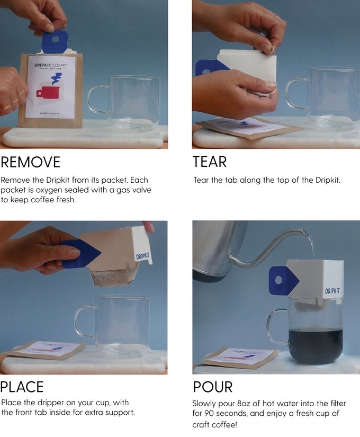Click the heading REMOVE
click(31, 162)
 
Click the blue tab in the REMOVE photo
click(55, 41)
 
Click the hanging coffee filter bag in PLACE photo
click(112, 277)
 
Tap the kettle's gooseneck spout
click(265, 249)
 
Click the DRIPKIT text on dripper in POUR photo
click(332, 291)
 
